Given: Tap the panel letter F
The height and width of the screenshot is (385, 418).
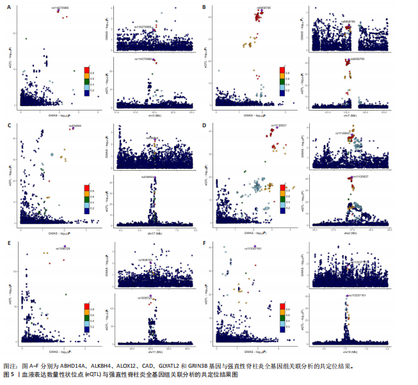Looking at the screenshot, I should [205, 244].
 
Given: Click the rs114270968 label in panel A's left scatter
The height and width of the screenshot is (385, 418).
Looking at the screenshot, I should [60, 8].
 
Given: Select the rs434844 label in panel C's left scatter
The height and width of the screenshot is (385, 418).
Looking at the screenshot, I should [76, 126].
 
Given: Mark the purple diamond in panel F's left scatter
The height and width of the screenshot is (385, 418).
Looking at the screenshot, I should [255, 245].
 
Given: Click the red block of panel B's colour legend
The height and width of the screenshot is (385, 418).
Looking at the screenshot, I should [282, 69].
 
